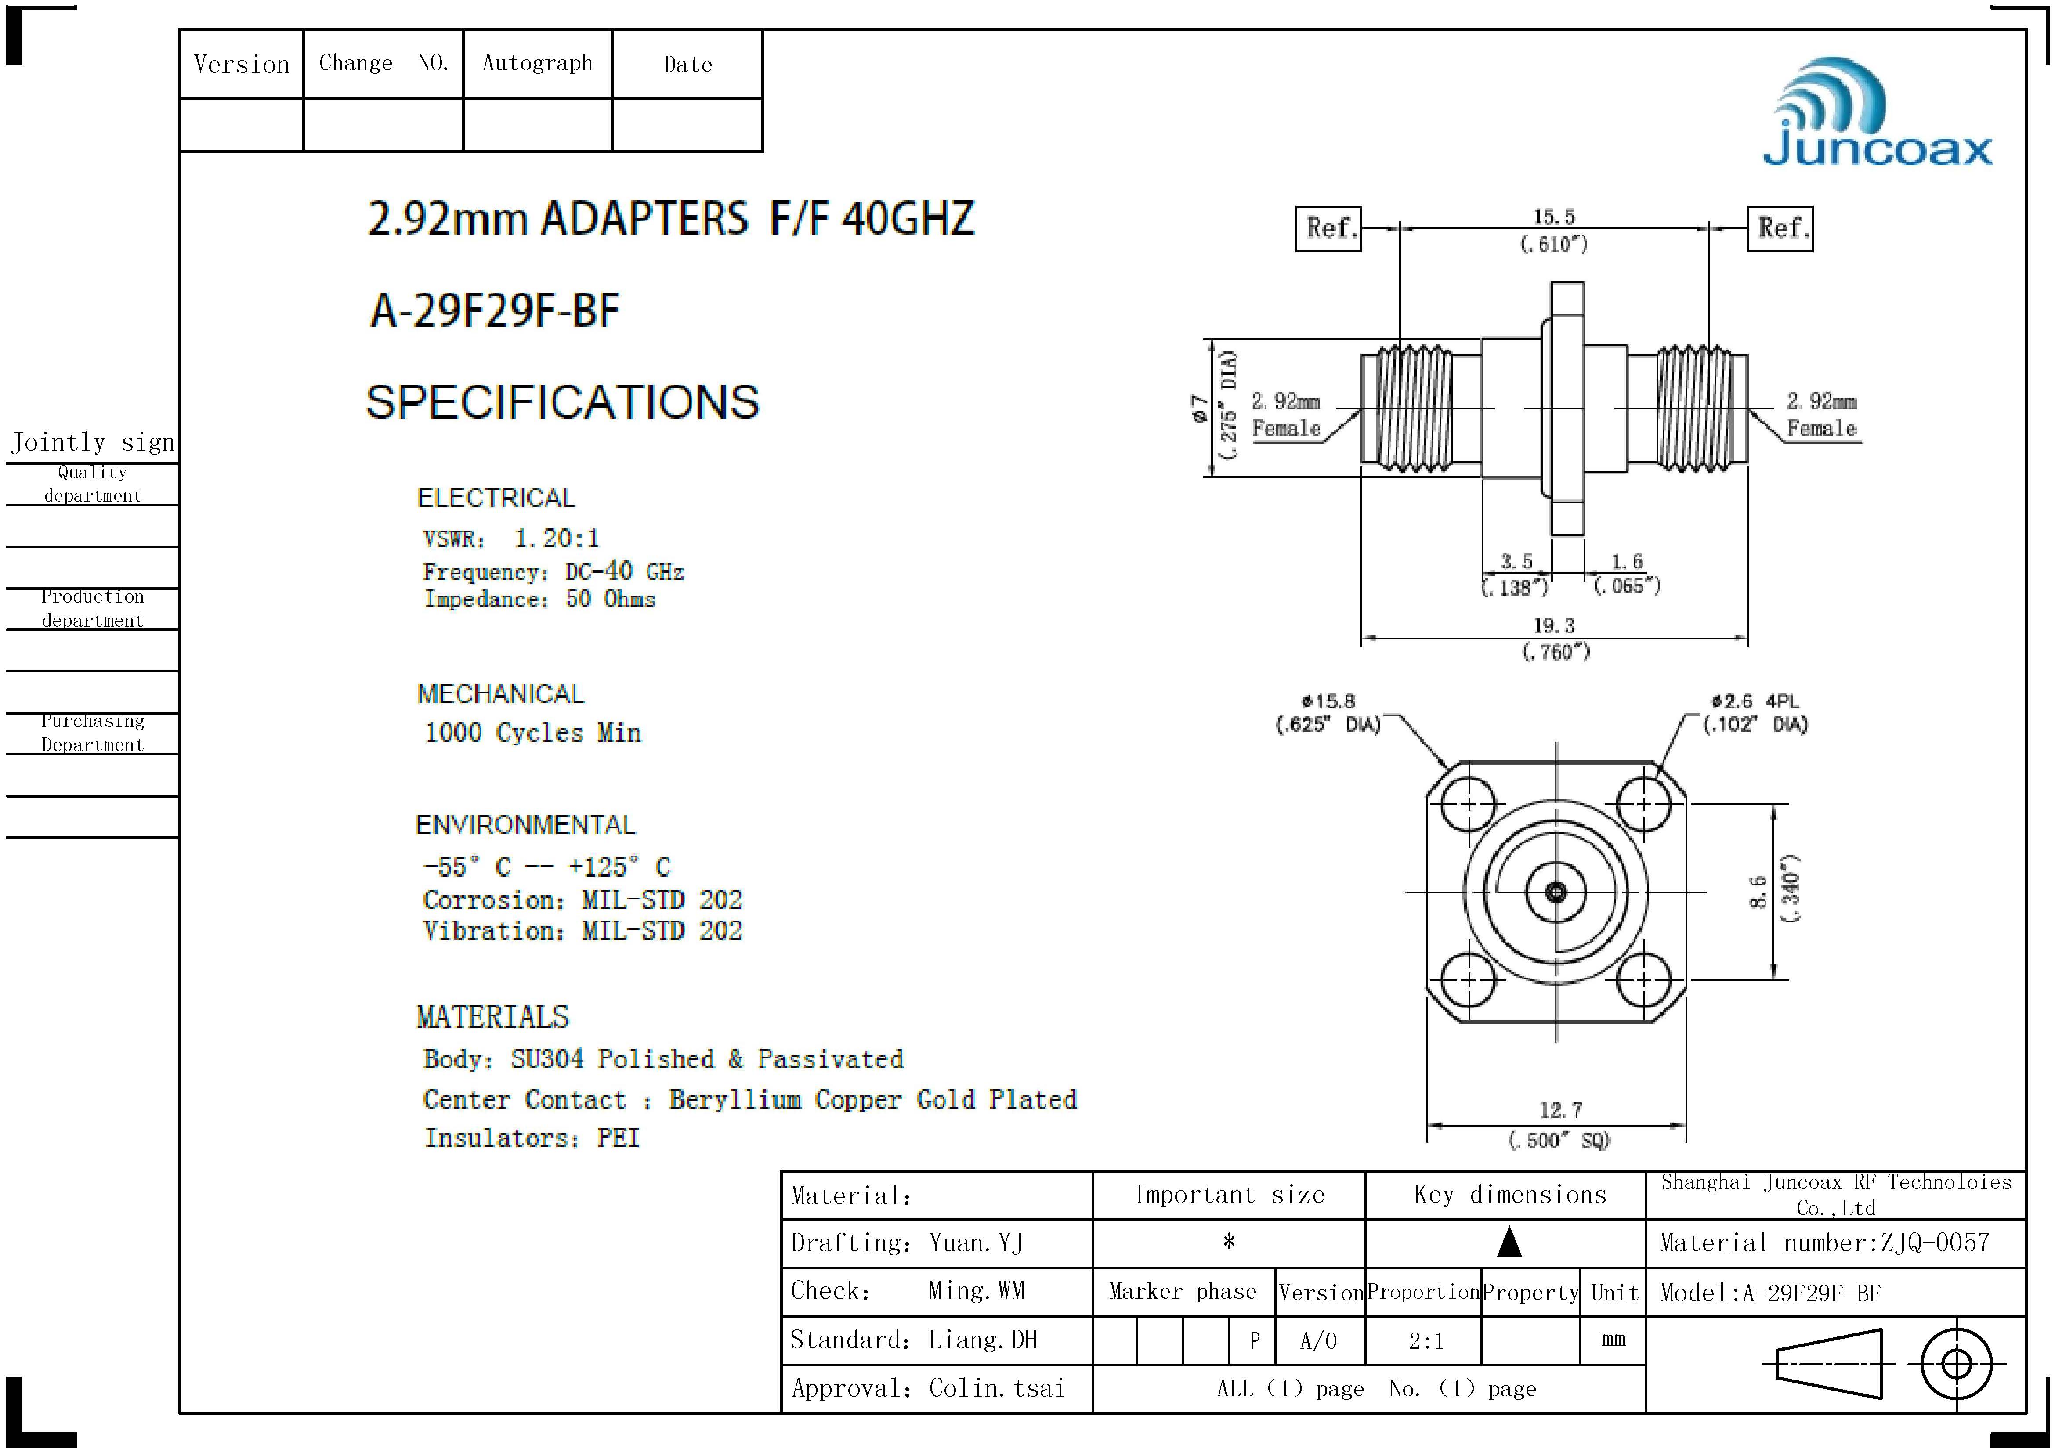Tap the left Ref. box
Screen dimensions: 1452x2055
(1328, 229)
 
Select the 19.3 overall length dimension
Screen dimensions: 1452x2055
(1554, 625)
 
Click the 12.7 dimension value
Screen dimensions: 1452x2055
(1560, 1110)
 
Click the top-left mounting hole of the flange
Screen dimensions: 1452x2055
(1469, 803)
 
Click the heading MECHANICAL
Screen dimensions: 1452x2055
(500, 694)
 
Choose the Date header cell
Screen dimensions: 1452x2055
(687, 65)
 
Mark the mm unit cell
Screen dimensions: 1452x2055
(1613, 1340)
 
